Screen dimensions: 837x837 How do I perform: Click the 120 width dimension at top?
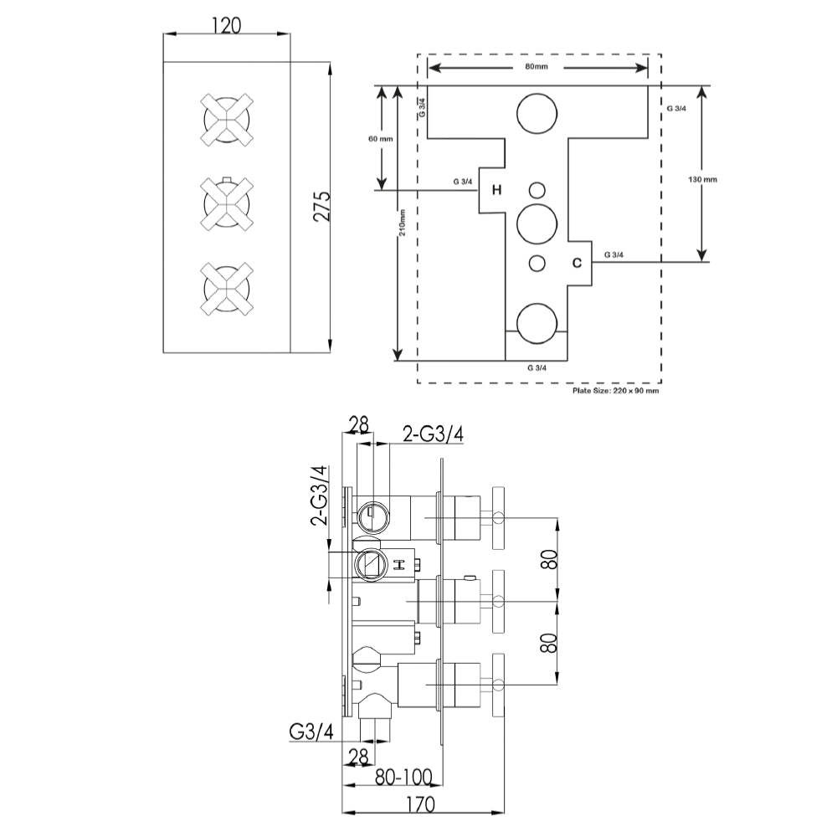226,25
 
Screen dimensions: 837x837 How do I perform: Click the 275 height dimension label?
321,206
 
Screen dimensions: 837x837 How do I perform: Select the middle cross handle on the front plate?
227,203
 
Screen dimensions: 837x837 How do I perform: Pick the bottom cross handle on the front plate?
227,289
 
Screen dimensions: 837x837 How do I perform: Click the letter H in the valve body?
496,190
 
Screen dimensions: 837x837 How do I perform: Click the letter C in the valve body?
576,263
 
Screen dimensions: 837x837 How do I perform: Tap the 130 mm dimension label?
702,179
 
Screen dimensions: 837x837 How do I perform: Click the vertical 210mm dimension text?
403,223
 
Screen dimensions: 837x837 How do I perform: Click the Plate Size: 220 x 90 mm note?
615,390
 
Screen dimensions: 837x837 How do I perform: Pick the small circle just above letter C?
537,263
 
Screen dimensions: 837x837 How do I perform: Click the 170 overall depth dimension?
423,805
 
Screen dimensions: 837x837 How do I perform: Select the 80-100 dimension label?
403,778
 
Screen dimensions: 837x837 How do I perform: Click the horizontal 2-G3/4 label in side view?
434,433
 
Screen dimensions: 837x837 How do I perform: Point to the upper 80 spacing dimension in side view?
549,559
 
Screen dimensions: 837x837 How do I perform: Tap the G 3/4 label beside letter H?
461,181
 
